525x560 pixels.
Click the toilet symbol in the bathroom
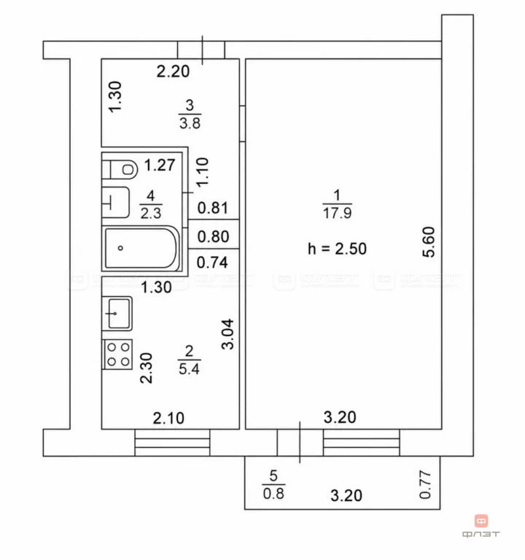120,169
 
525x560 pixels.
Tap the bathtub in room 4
141,248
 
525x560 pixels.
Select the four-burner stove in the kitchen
117,354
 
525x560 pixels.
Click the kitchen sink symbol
117,314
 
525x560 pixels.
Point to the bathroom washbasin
115,202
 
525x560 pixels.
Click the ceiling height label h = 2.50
337,249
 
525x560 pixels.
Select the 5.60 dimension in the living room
429,242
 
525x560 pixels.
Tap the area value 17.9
337,213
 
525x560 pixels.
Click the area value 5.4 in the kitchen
189,368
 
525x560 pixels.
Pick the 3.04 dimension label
227,334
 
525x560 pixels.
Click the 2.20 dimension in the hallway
173,71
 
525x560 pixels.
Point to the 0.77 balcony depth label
424,485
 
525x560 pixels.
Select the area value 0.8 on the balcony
273,494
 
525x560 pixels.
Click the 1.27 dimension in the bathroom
159,165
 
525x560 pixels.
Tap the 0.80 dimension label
213,236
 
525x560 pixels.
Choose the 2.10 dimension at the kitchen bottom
168,418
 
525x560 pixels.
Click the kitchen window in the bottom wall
172,443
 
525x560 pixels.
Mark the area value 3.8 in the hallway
190,123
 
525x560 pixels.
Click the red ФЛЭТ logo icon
481,521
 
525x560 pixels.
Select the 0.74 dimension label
212,262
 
